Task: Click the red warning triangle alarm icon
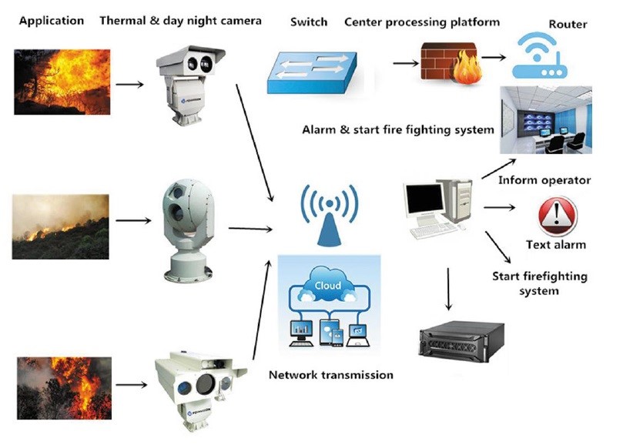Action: pyautogui.click(x=556, y=215)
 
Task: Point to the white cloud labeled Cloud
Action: pyautogui.click(x=327, y=286)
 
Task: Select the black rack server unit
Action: pyautogui.click(x=461, y=341)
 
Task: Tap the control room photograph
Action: pyautogui.click(x=545, y=119)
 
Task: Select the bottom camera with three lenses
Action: pyautogui.click(x=199, y=383)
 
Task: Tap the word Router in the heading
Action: pyautogui.click(x=568, y=24)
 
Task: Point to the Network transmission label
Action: pyautogui.click(x=330, y=375)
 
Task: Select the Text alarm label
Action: pyautogui.click(x=555, y=245)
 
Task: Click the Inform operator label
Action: pyautogui.click(x=544, y=180)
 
